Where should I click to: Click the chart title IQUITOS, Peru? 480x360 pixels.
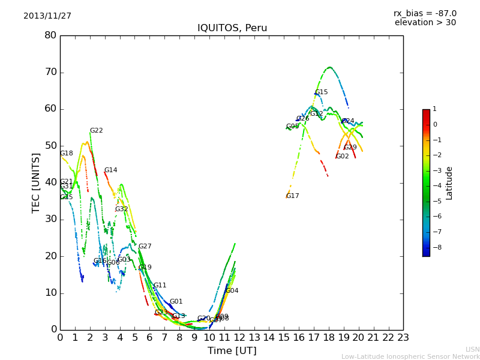232,28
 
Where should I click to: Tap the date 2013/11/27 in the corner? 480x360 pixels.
47,16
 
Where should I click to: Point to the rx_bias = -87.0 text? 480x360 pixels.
425,13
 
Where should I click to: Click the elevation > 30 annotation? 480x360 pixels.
425,23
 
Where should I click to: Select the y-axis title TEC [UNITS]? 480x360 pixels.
36,182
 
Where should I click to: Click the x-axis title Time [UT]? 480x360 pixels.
232,351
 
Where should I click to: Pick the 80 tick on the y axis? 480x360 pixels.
50,35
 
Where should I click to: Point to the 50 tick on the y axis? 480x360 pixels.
50,146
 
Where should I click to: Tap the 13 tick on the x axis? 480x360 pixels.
254,337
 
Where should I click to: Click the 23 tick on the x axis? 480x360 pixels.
403,337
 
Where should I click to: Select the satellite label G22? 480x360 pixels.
97,131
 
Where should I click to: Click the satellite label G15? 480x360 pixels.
322,92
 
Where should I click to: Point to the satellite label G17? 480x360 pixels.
292,196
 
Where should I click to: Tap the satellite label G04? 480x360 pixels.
232,291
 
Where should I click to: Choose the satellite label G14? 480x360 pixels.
111,170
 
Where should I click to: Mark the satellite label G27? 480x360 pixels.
145,247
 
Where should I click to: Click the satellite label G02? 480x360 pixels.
342,157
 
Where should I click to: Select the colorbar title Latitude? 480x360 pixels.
449,183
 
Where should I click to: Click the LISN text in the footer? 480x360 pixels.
472,349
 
